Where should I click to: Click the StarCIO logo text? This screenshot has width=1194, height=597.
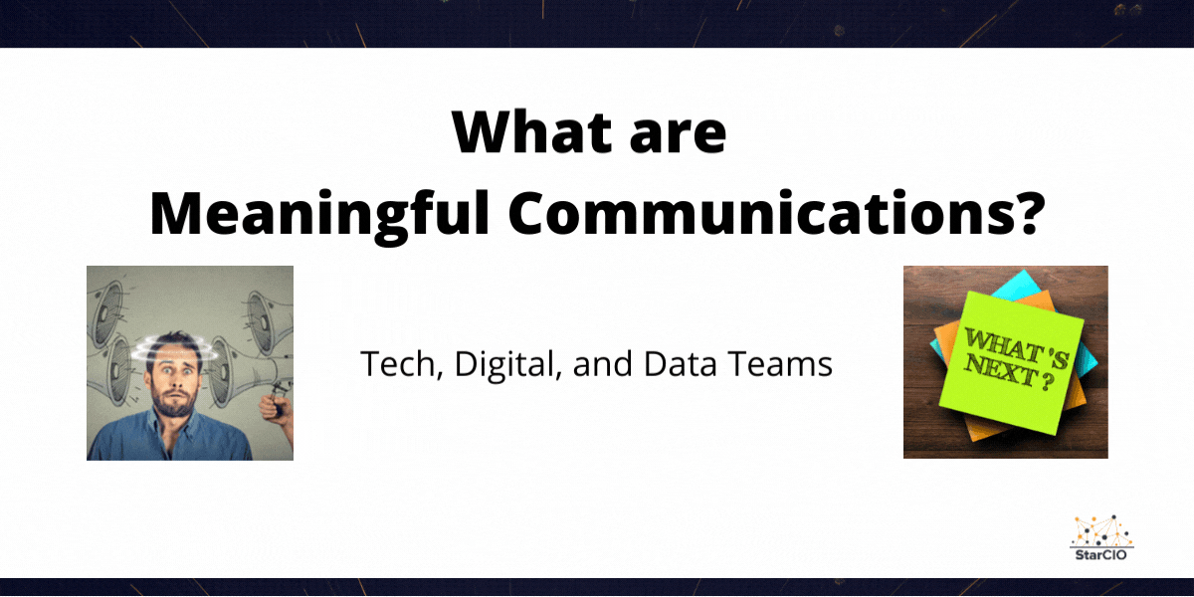(x=1101, y=553)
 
